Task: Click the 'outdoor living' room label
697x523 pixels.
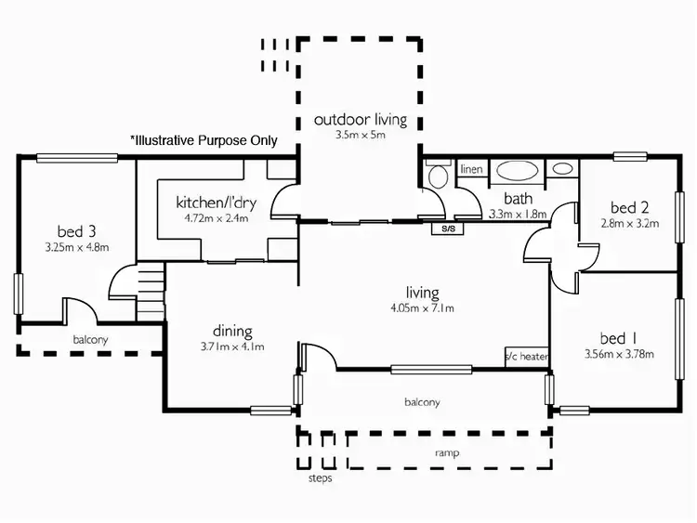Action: tap(360, 120)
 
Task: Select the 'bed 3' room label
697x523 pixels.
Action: tap(70, 232)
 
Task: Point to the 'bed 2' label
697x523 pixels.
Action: tap(629, 207)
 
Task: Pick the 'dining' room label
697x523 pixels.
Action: tap(232, 331)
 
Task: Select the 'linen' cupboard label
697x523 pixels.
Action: tap(471, 169)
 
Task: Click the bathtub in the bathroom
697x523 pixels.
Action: tap(514, 170)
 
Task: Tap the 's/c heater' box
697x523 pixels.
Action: tap(526, 356)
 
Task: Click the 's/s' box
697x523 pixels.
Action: tap(448, 228)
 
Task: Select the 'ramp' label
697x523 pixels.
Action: tap(448, 453)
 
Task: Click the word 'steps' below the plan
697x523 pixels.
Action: tap(320, 479)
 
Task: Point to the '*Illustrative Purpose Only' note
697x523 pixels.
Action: tap(204, 141)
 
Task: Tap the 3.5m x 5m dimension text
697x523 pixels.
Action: tap(361, 135)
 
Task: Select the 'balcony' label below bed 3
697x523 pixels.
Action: tap(91, 339)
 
